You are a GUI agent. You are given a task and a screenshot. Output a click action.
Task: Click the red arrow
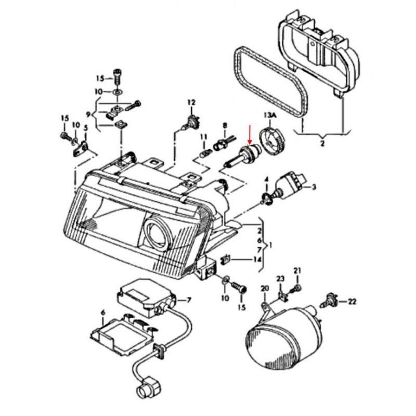pyautogui.click(x=250, y=134)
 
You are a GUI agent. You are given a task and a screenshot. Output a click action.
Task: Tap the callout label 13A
pyautogui.click(x=270, y=114)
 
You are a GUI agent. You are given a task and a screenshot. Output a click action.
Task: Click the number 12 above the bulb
pyautogui.click(x=191, y=102)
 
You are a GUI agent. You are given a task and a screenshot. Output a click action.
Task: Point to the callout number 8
pyautogui.click(x=225, y=125)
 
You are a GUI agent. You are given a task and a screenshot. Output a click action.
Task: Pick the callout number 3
pyautogui.click(x=314, y=186)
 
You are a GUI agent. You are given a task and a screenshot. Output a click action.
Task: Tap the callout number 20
pyautogui.click(x=264, y=289)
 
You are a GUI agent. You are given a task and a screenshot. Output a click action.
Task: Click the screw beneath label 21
pyautogui.click(x=297, y=288)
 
